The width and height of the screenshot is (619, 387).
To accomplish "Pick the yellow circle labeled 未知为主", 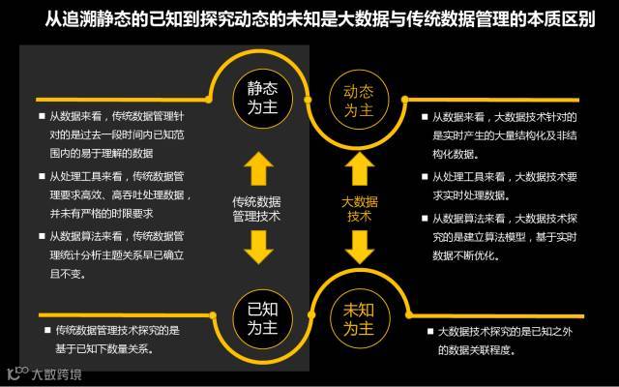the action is (358, 320).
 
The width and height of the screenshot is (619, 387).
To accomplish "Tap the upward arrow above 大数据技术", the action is (359, 168).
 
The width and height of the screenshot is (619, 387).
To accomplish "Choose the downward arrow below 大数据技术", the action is (359, 247).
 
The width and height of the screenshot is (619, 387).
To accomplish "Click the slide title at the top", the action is (309, 19).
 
